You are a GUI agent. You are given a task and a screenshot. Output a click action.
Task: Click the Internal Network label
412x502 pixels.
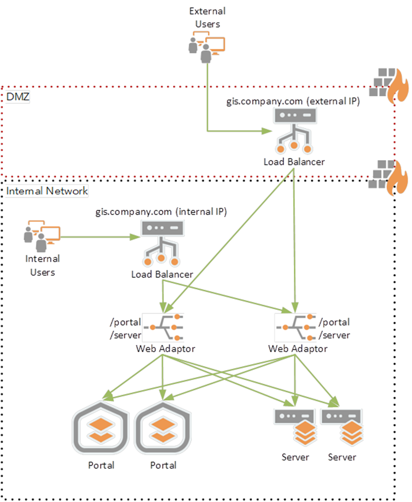coord(47,191)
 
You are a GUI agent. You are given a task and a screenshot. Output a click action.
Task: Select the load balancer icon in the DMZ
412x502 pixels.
coord(294,131)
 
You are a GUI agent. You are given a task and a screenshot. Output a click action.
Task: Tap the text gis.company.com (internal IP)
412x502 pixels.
coord(161,212)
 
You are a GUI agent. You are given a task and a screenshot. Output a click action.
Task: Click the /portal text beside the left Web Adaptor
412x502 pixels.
coord(125,322)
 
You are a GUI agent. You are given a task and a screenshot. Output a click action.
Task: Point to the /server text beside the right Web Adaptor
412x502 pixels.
coord(334,335)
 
